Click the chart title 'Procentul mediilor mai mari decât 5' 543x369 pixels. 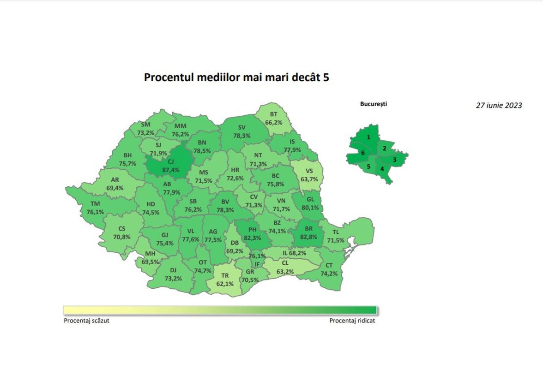pyautogui.click(x=236, y=77)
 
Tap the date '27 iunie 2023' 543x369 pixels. pyautogui.click(x=499, y=105)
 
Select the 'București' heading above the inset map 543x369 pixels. pyautogui.click(x=374, y=104)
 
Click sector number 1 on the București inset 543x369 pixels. pyautogui.click(x=368, y=137)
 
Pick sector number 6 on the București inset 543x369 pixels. pyautogui.click(x=363, y=153)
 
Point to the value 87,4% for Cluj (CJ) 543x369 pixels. pyautogui.click(x=167, y=170)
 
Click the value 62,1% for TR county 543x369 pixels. pyautogui.click(x=225, y=284)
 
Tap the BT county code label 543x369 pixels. pyautogui.click(x=273, y=114)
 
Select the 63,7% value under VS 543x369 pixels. pyautogui.click(x=309, y=179)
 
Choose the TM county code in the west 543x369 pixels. pyautogui.click(x=95, y=204)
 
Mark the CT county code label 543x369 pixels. pyautogui.click(x=329, y=265)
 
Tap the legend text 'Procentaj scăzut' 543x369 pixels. pyautogui.click(x=87, y=321)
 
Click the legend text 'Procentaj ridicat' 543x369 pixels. pyautogui.click(x=352, y=321)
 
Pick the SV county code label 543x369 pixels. pyautogui.click(x=241, y=127)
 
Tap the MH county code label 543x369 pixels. pyautogui.click(x=150, y=254)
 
